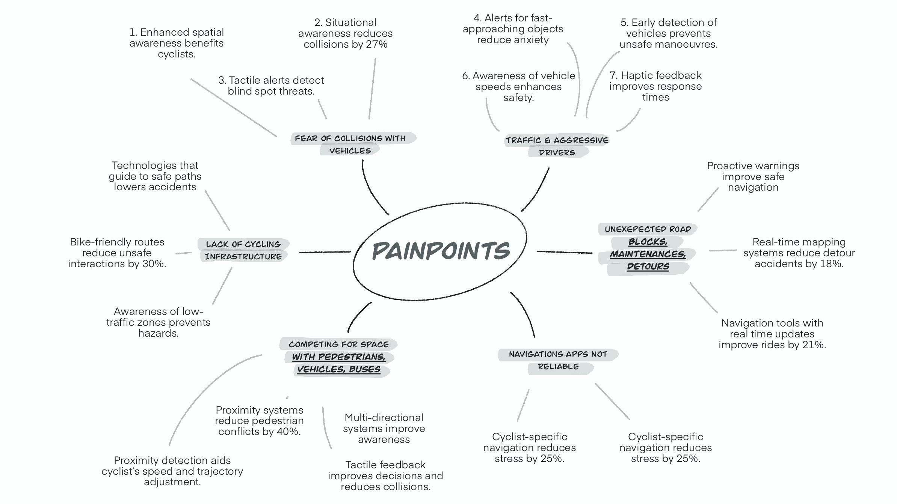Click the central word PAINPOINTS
pyautogui.click(x=441, y=251)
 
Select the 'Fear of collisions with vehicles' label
pyautogui.click(x=350, y=144)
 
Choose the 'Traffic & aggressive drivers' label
pyautogui.click(x=557, y=146)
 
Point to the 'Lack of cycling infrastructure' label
pyautogui.click(x=243, y=250)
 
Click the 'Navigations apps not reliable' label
pyautogui.click(x=558, y=360)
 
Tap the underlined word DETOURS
pyautogui.click(x=648, y=267)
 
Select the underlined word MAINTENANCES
pyautogui.click(x=648, y=254)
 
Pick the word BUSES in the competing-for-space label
pyautogui.click(x=364, y=369)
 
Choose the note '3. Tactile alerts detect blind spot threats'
pyautogui.click(x=271, y=86)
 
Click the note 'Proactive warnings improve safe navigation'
pyautogui.click(x=753, y=176)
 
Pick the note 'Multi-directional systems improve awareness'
pyautogui.click(x=384, y=428)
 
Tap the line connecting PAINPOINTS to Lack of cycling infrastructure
pyautogui.click(x=325, y=252)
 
